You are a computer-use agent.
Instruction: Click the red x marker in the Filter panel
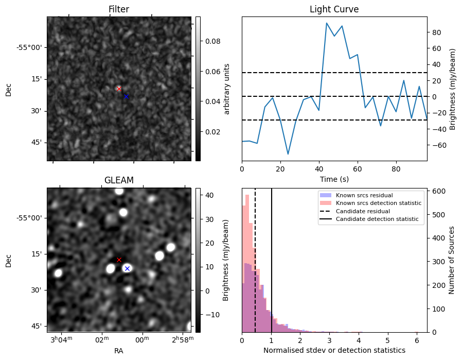[119, 89]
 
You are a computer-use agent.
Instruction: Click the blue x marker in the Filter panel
[126, 96]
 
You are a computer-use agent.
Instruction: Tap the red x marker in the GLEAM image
[119, 260]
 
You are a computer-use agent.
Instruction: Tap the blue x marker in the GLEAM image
[127, 268]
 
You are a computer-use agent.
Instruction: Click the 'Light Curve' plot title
[334, 9]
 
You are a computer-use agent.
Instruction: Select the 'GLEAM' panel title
[119, 180]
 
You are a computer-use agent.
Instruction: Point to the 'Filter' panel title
[119, 9]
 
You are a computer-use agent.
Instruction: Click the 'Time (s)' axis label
[334, 179]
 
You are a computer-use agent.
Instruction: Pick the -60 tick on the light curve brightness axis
[437, 145]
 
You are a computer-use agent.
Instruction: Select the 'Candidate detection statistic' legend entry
[377, 219]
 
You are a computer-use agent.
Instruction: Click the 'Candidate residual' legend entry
[363, 212]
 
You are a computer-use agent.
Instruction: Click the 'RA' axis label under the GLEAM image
[119, 350]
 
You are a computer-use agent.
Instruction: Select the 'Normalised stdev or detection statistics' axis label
[334, 350]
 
